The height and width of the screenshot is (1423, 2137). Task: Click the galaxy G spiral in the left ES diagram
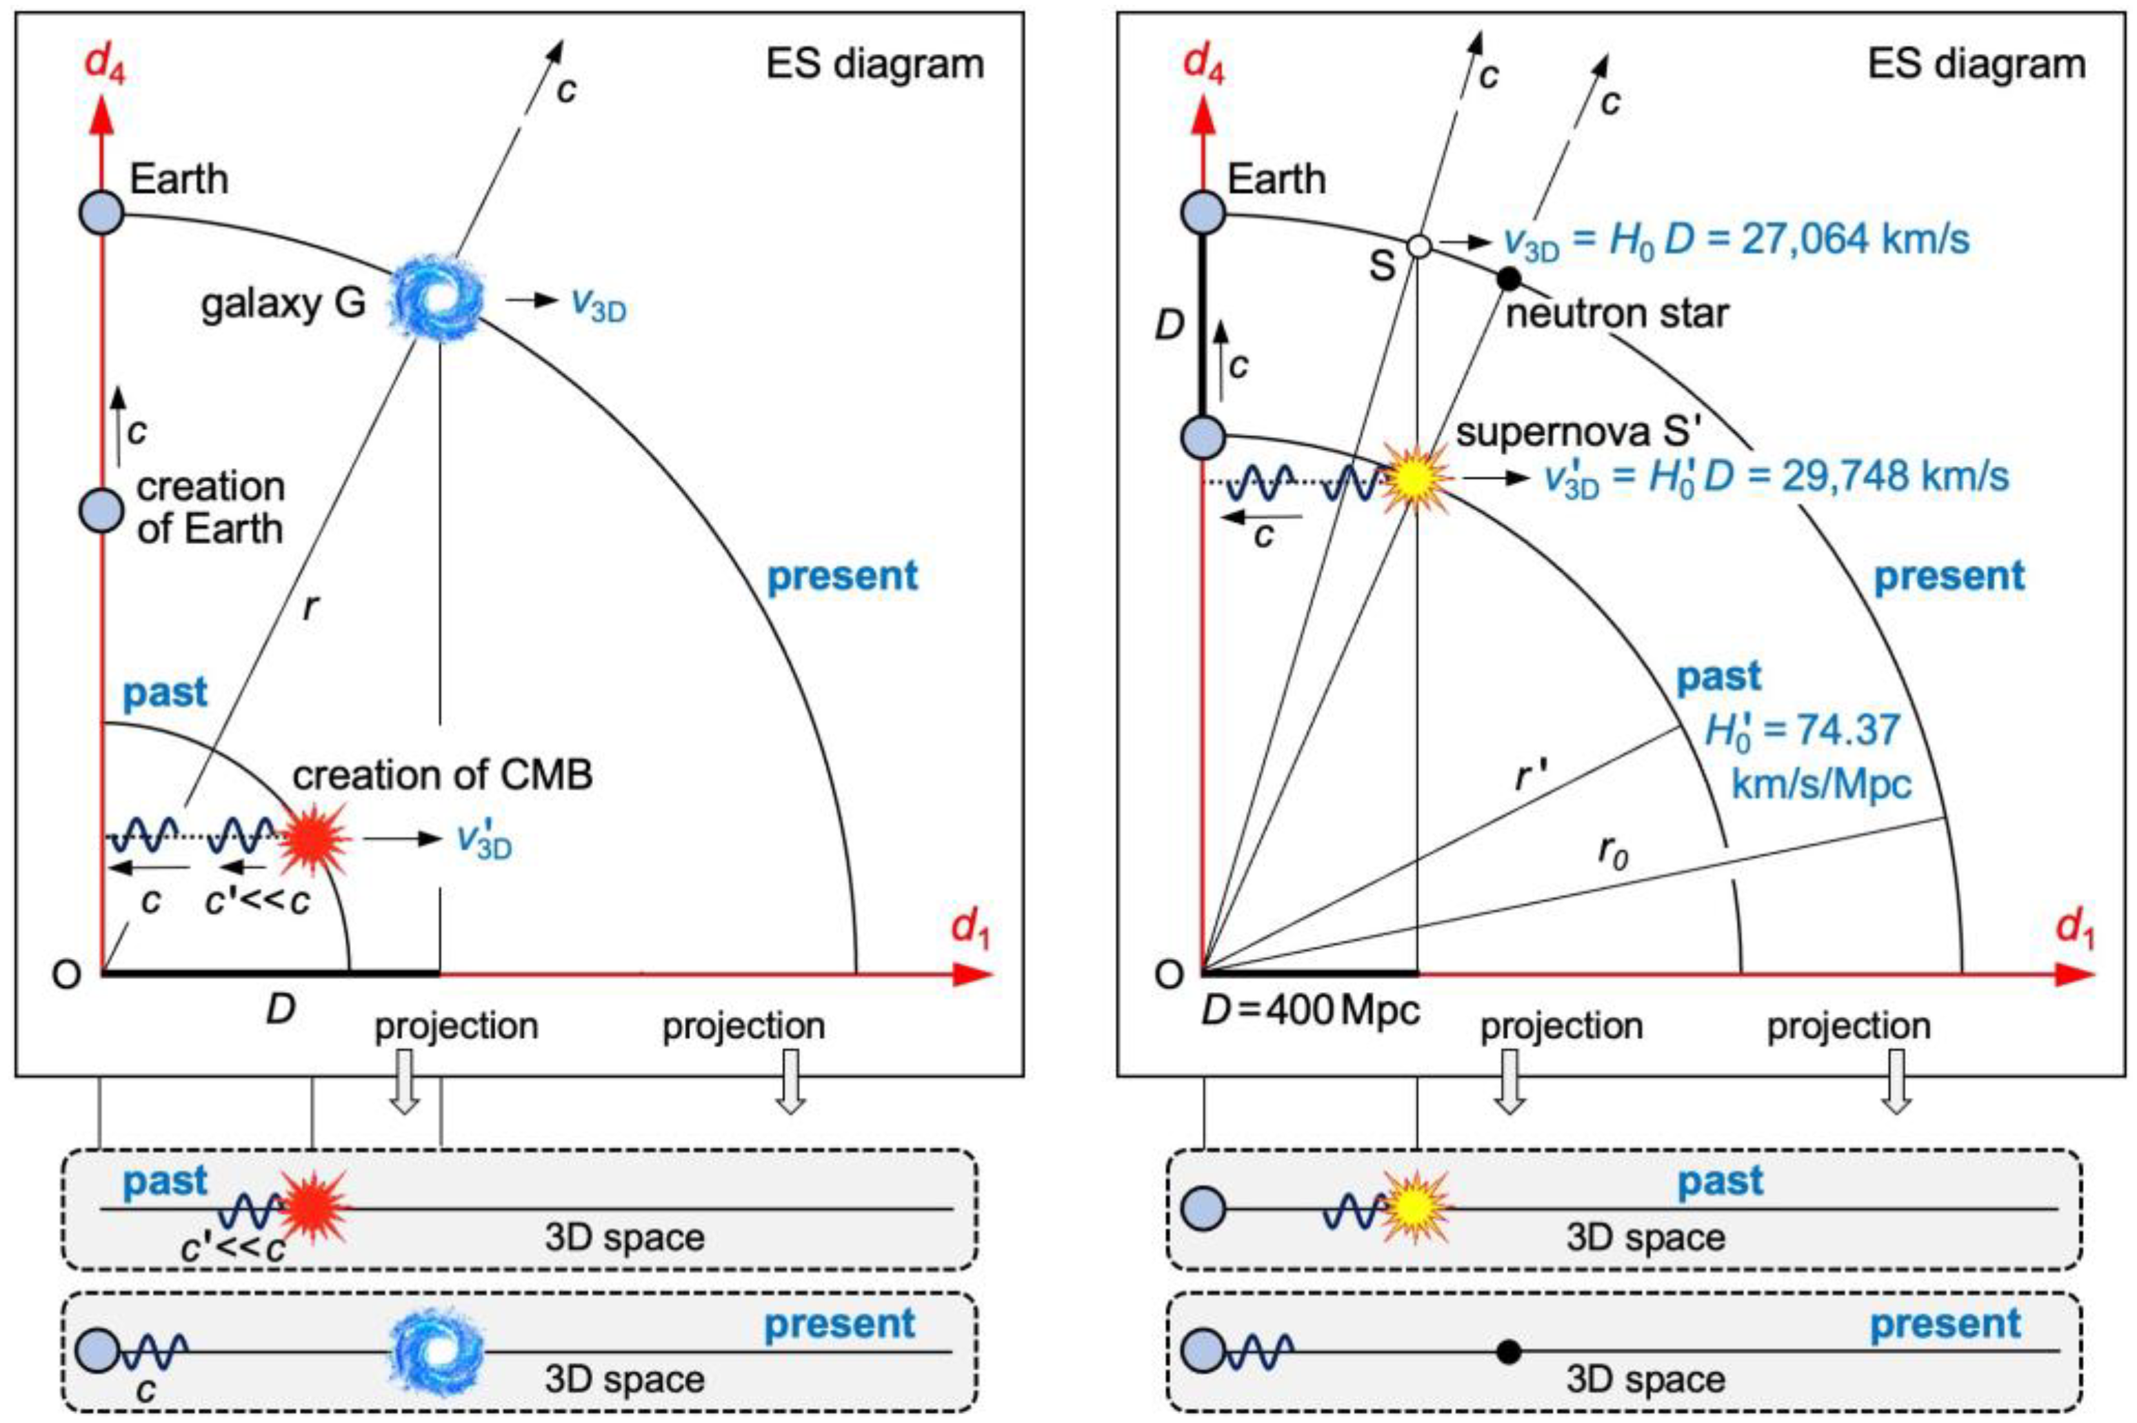[437, 298]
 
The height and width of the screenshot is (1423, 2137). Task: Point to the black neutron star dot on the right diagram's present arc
[1507, 279]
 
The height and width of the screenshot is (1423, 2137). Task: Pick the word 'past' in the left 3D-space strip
[164, 1182]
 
